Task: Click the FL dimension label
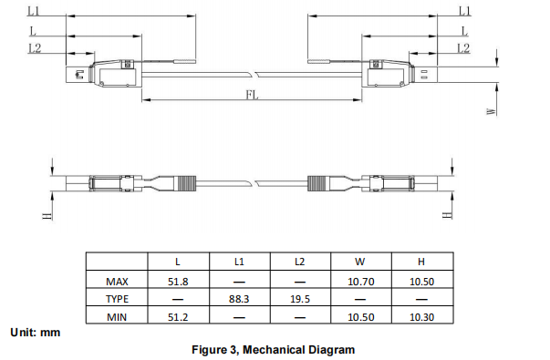(x=253, y=94)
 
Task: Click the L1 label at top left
(x=34, y=11)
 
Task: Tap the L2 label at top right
(x=463, y=48)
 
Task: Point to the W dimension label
(x=492, y=111)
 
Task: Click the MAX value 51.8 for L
(x=178, y=282)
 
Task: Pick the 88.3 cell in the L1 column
(x=239, y=299)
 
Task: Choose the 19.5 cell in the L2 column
(x=300, y=299)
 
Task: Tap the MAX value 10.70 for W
(x=361, y=282)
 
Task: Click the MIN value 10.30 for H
(x=422, y=317)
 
